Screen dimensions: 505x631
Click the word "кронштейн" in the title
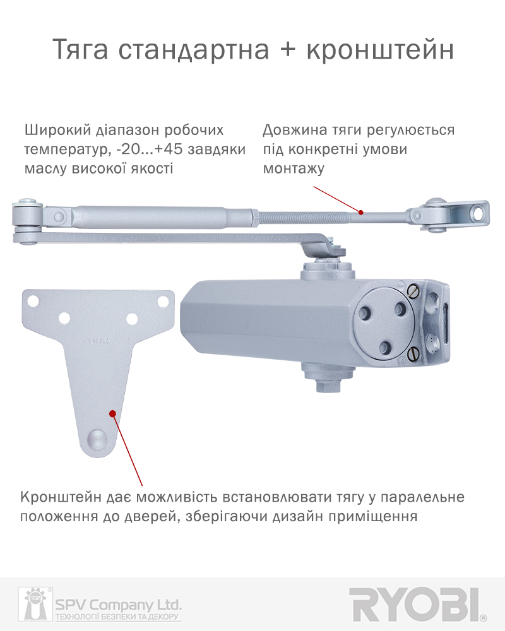tap(380, 49)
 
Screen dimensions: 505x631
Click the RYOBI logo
tap(417, 605)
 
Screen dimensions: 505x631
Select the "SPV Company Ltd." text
tap(118, 604)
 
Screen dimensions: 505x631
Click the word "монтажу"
tap(294, 168)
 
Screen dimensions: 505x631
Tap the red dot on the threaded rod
tap(361, 212)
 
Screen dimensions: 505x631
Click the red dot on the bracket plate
tap(113, 413)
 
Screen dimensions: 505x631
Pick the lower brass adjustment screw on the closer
tap(412, 354)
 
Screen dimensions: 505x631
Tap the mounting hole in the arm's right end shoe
tap(478, 214)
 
